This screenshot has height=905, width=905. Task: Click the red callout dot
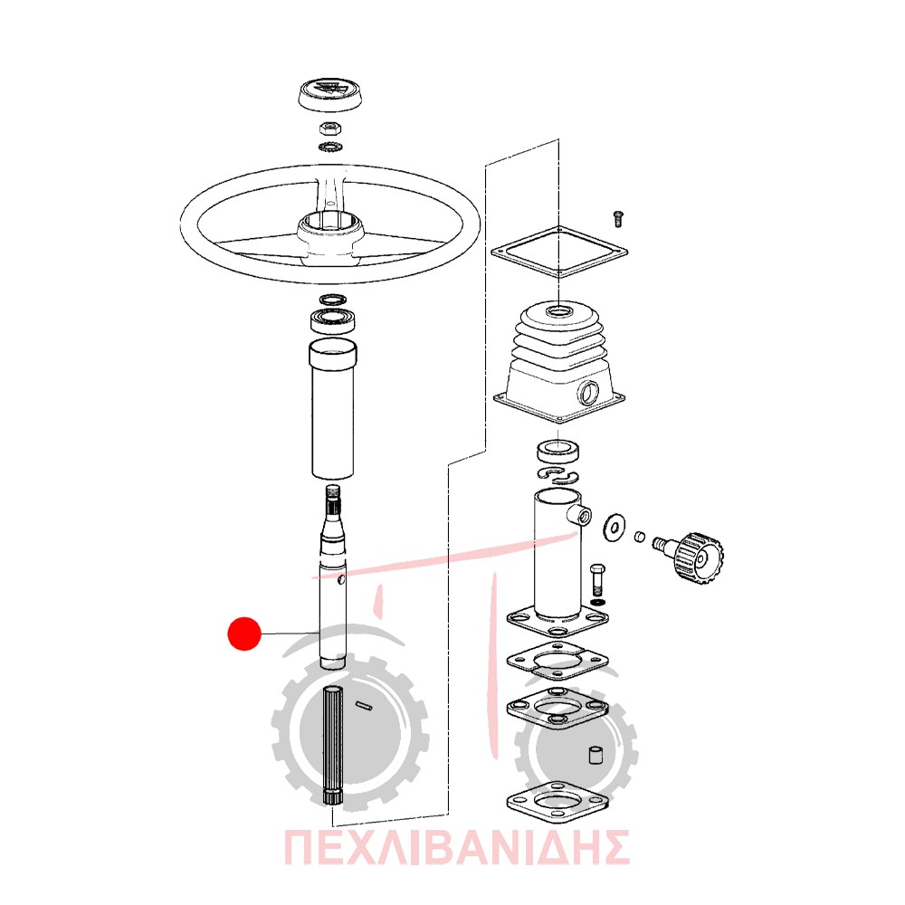[244, 633]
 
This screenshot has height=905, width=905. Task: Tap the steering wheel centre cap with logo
[331, 94]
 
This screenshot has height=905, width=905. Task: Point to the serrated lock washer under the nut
[330, 146]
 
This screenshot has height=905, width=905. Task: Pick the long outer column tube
[332, 409]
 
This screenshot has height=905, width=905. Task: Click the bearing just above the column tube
[332, 320]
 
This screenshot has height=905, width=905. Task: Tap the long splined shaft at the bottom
[332, 746]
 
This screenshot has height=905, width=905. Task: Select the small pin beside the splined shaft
[364, 705]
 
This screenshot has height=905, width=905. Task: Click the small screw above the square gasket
[617, 219]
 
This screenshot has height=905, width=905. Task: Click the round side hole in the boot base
[589, 394]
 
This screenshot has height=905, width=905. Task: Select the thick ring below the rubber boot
[558, 451]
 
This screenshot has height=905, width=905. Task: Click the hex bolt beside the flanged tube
[598, 581]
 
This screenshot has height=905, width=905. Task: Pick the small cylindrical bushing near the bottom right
[596, 755]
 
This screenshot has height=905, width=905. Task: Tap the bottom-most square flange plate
[557, 803]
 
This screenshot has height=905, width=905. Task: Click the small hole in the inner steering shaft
[342, 579]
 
